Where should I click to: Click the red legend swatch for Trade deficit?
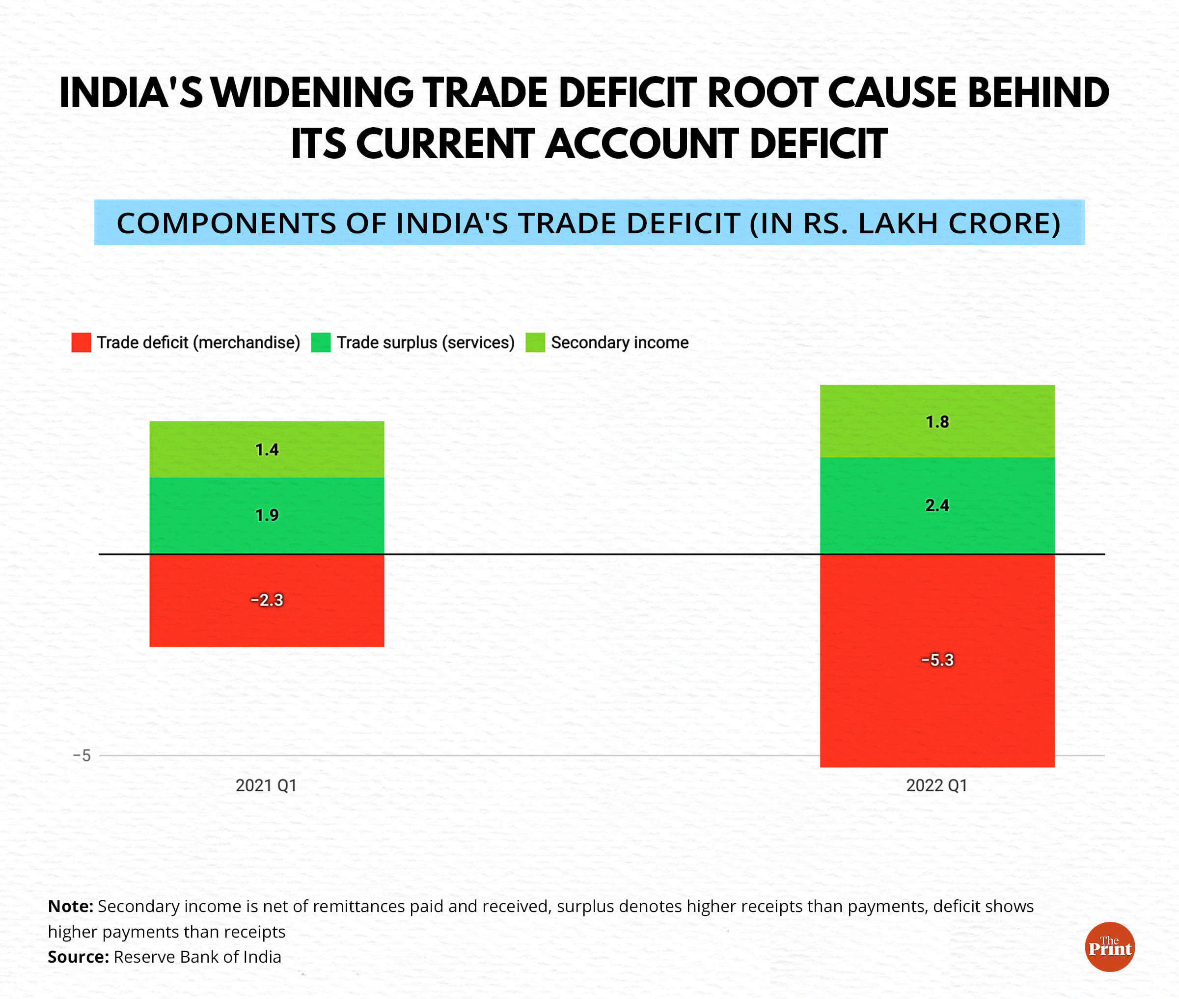(81, 343)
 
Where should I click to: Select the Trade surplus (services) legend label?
(425, 343)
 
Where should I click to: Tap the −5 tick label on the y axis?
(82, 755)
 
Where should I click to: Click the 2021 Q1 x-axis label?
(266, 785)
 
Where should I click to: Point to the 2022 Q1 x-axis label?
(936, 785)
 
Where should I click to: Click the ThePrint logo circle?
(1109, 947)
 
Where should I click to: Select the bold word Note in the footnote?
(70, 906)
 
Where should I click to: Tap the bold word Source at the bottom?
(78, 957)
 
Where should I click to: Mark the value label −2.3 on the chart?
(266, 600)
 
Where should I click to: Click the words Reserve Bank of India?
(197, 957)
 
